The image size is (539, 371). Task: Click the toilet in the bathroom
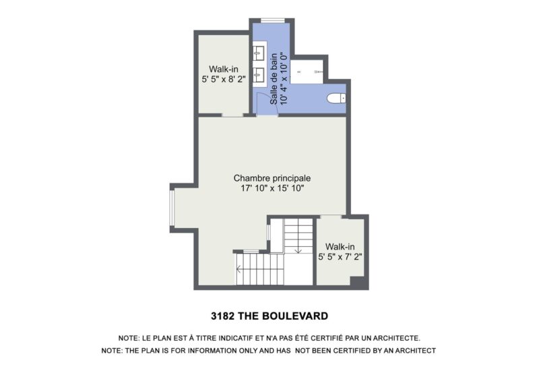[x=336, y=98]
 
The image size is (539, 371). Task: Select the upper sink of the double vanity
[x=259, y=52]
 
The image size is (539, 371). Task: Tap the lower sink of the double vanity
[x=259, y=72]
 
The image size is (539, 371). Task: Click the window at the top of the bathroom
[x=273, y=19]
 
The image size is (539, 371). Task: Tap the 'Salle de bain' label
[x=274, y=78]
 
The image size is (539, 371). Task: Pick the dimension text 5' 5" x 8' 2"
[x=223, y=78]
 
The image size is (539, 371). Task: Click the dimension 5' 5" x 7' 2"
[x=340, y=257]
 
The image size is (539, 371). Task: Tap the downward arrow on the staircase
[x=297, y=250]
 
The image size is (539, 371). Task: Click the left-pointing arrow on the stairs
[x=239, y=273]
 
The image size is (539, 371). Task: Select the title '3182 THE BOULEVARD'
[x=269, y=316]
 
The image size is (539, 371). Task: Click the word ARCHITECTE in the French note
[x=398, y=337]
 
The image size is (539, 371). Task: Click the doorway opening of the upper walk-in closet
[x=232, y=116]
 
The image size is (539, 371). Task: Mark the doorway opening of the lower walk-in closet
[x=329, y=217]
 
